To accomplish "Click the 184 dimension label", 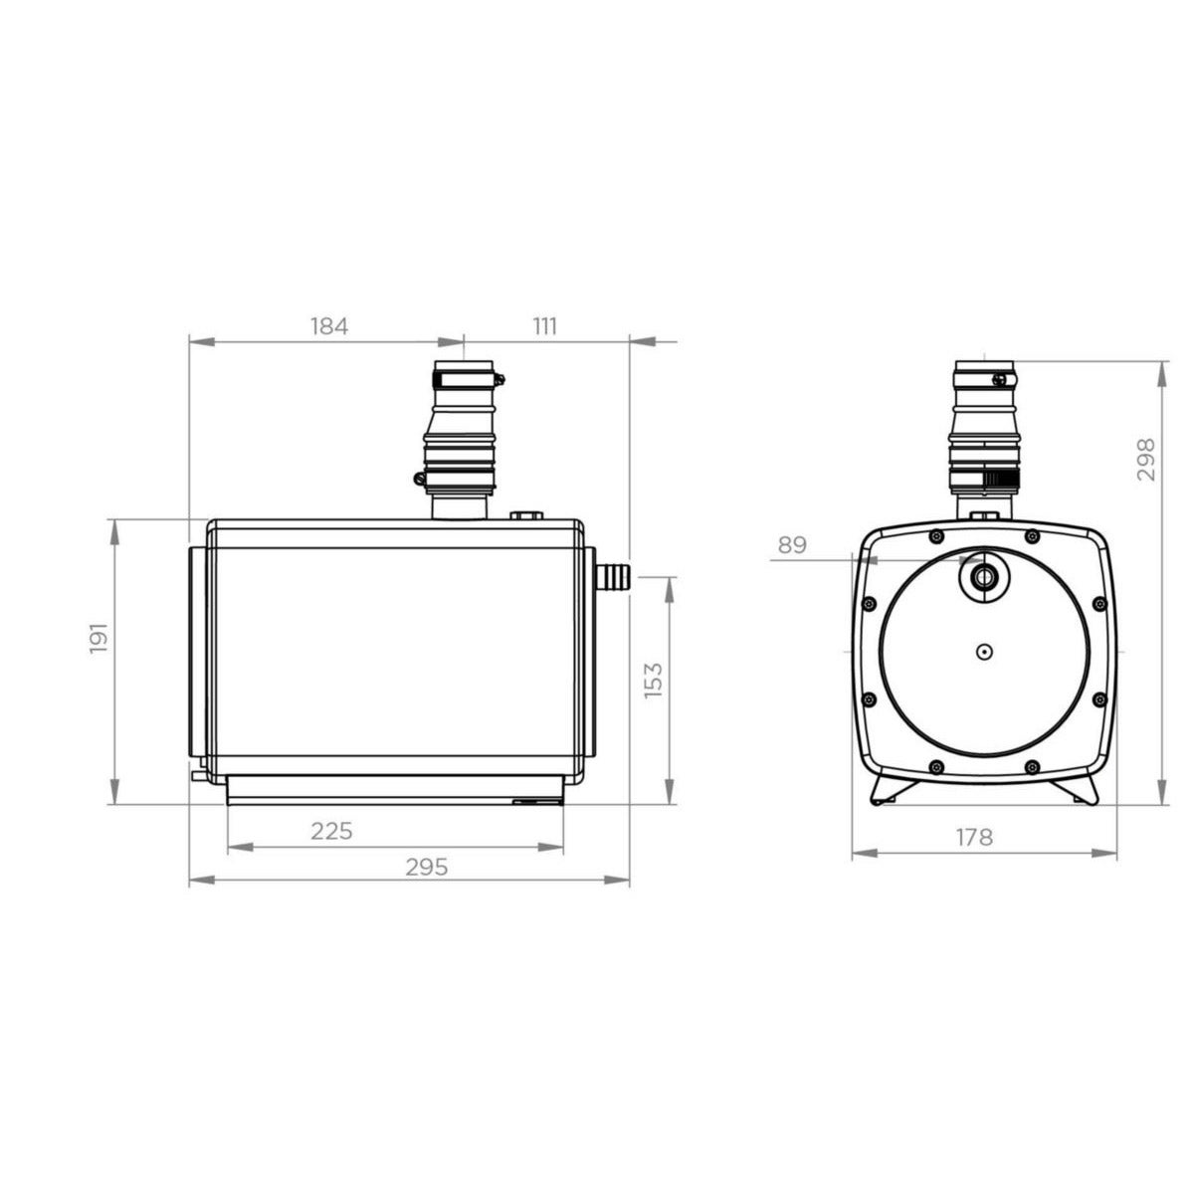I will [329, 325].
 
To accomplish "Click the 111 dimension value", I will [544, 325].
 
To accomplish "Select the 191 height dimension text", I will [98, 638].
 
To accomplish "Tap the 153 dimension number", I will [654, 680].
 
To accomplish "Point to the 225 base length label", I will [331, 831].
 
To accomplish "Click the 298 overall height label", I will [1146, 460].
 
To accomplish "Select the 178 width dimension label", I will [974, 837].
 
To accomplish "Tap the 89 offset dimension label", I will [792, 544].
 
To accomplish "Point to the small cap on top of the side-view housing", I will [526, 515].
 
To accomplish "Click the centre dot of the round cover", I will [982, 653].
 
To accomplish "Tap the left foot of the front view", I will [888, 791].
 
